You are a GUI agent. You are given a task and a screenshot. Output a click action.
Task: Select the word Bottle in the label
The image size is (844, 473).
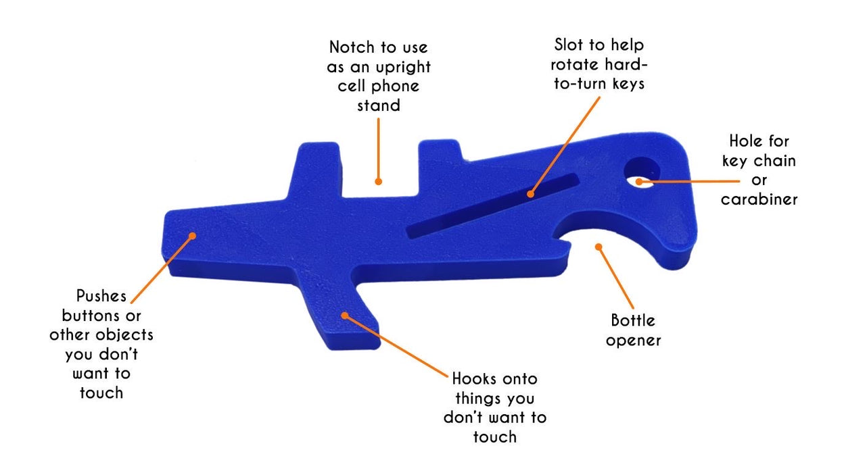click(633, 320)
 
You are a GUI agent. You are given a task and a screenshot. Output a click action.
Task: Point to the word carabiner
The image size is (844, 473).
click(759, 200)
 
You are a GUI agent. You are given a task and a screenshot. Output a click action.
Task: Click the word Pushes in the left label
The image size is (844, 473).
click(101, 296)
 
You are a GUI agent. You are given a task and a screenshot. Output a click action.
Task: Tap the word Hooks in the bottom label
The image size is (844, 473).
click(472, 378)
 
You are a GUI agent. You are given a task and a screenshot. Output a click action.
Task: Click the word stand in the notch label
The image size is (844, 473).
click(379, 105)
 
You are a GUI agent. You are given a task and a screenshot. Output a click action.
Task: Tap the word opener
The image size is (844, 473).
click(633, 340)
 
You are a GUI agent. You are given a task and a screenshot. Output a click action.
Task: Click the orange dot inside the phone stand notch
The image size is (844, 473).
click(379, 181)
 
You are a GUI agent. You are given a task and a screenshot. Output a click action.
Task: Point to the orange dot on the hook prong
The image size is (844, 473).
click(345, 314)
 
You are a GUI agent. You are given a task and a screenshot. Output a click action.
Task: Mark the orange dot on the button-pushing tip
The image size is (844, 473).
click(192, 236)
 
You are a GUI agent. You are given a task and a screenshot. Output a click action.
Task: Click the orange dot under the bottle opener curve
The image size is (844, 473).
click(598, 247)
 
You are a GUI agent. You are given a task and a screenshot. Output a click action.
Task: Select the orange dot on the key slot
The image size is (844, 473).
click(531, 194)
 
